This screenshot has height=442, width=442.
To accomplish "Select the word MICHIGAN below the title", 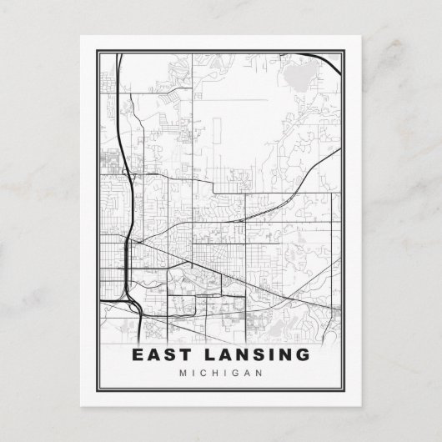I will [x=220, y=373].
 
